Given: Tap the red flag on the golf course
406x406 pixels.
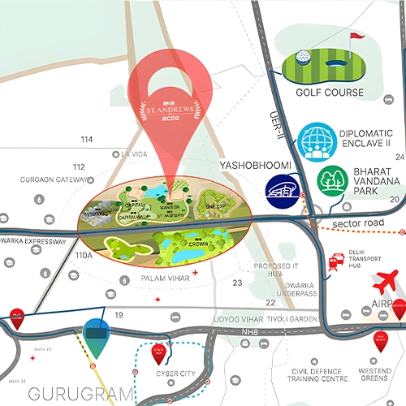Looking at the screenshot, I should [354, 39].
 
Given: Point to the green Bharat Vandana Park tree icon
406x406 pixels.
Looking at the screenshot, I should [332, 179].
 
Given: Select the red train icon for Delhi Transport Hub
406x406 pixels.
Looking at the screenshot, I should [334, 261].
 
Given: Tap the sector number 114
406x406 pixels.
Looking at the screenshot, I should [87, 140].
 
